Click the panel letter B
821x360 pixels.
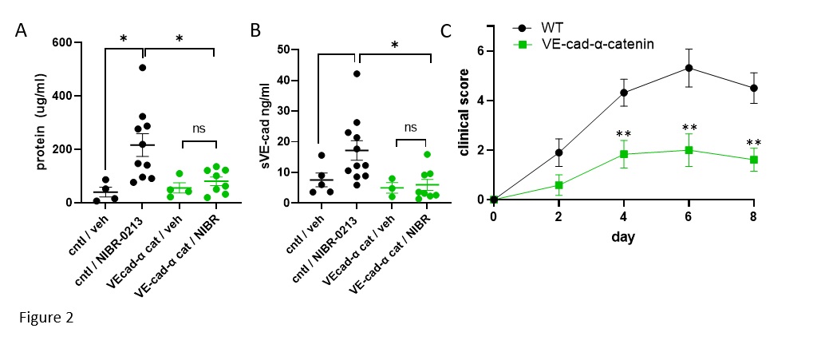point(255,32)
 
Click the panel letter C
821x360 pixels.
point(446,32)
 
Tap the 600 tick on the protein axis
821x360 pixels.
point(61,43)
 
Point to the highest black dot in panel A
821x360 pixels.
point(142,68)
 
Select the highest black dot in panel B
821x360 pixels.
point(357,74)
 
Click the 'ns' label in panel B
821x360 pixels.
point(410,127)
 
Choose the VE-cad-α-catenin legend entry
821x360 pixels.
point(597,45)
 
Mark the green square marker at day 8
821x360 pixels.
point(754,160)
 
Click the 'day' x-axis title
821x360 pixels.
point(624,238)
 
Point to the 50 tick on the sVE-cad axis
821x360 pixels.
point(282,49)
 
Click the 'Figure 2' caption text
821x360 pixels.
point(46,317)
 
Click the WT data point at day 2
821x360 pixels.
point(559,152)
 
